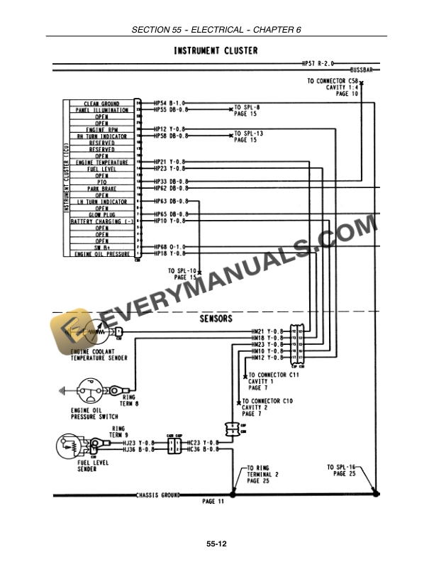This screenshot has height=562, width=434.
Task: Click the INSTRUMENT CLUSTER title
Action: (x=216, y=51)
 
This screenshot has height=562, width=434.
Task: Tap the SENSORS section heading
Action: (x=216, y=319)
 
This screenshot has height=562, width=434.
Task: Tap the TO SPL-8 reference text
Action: (x=245, y=107)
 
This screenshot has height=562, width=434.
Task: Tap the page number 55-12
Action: (x=216, y=544)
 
